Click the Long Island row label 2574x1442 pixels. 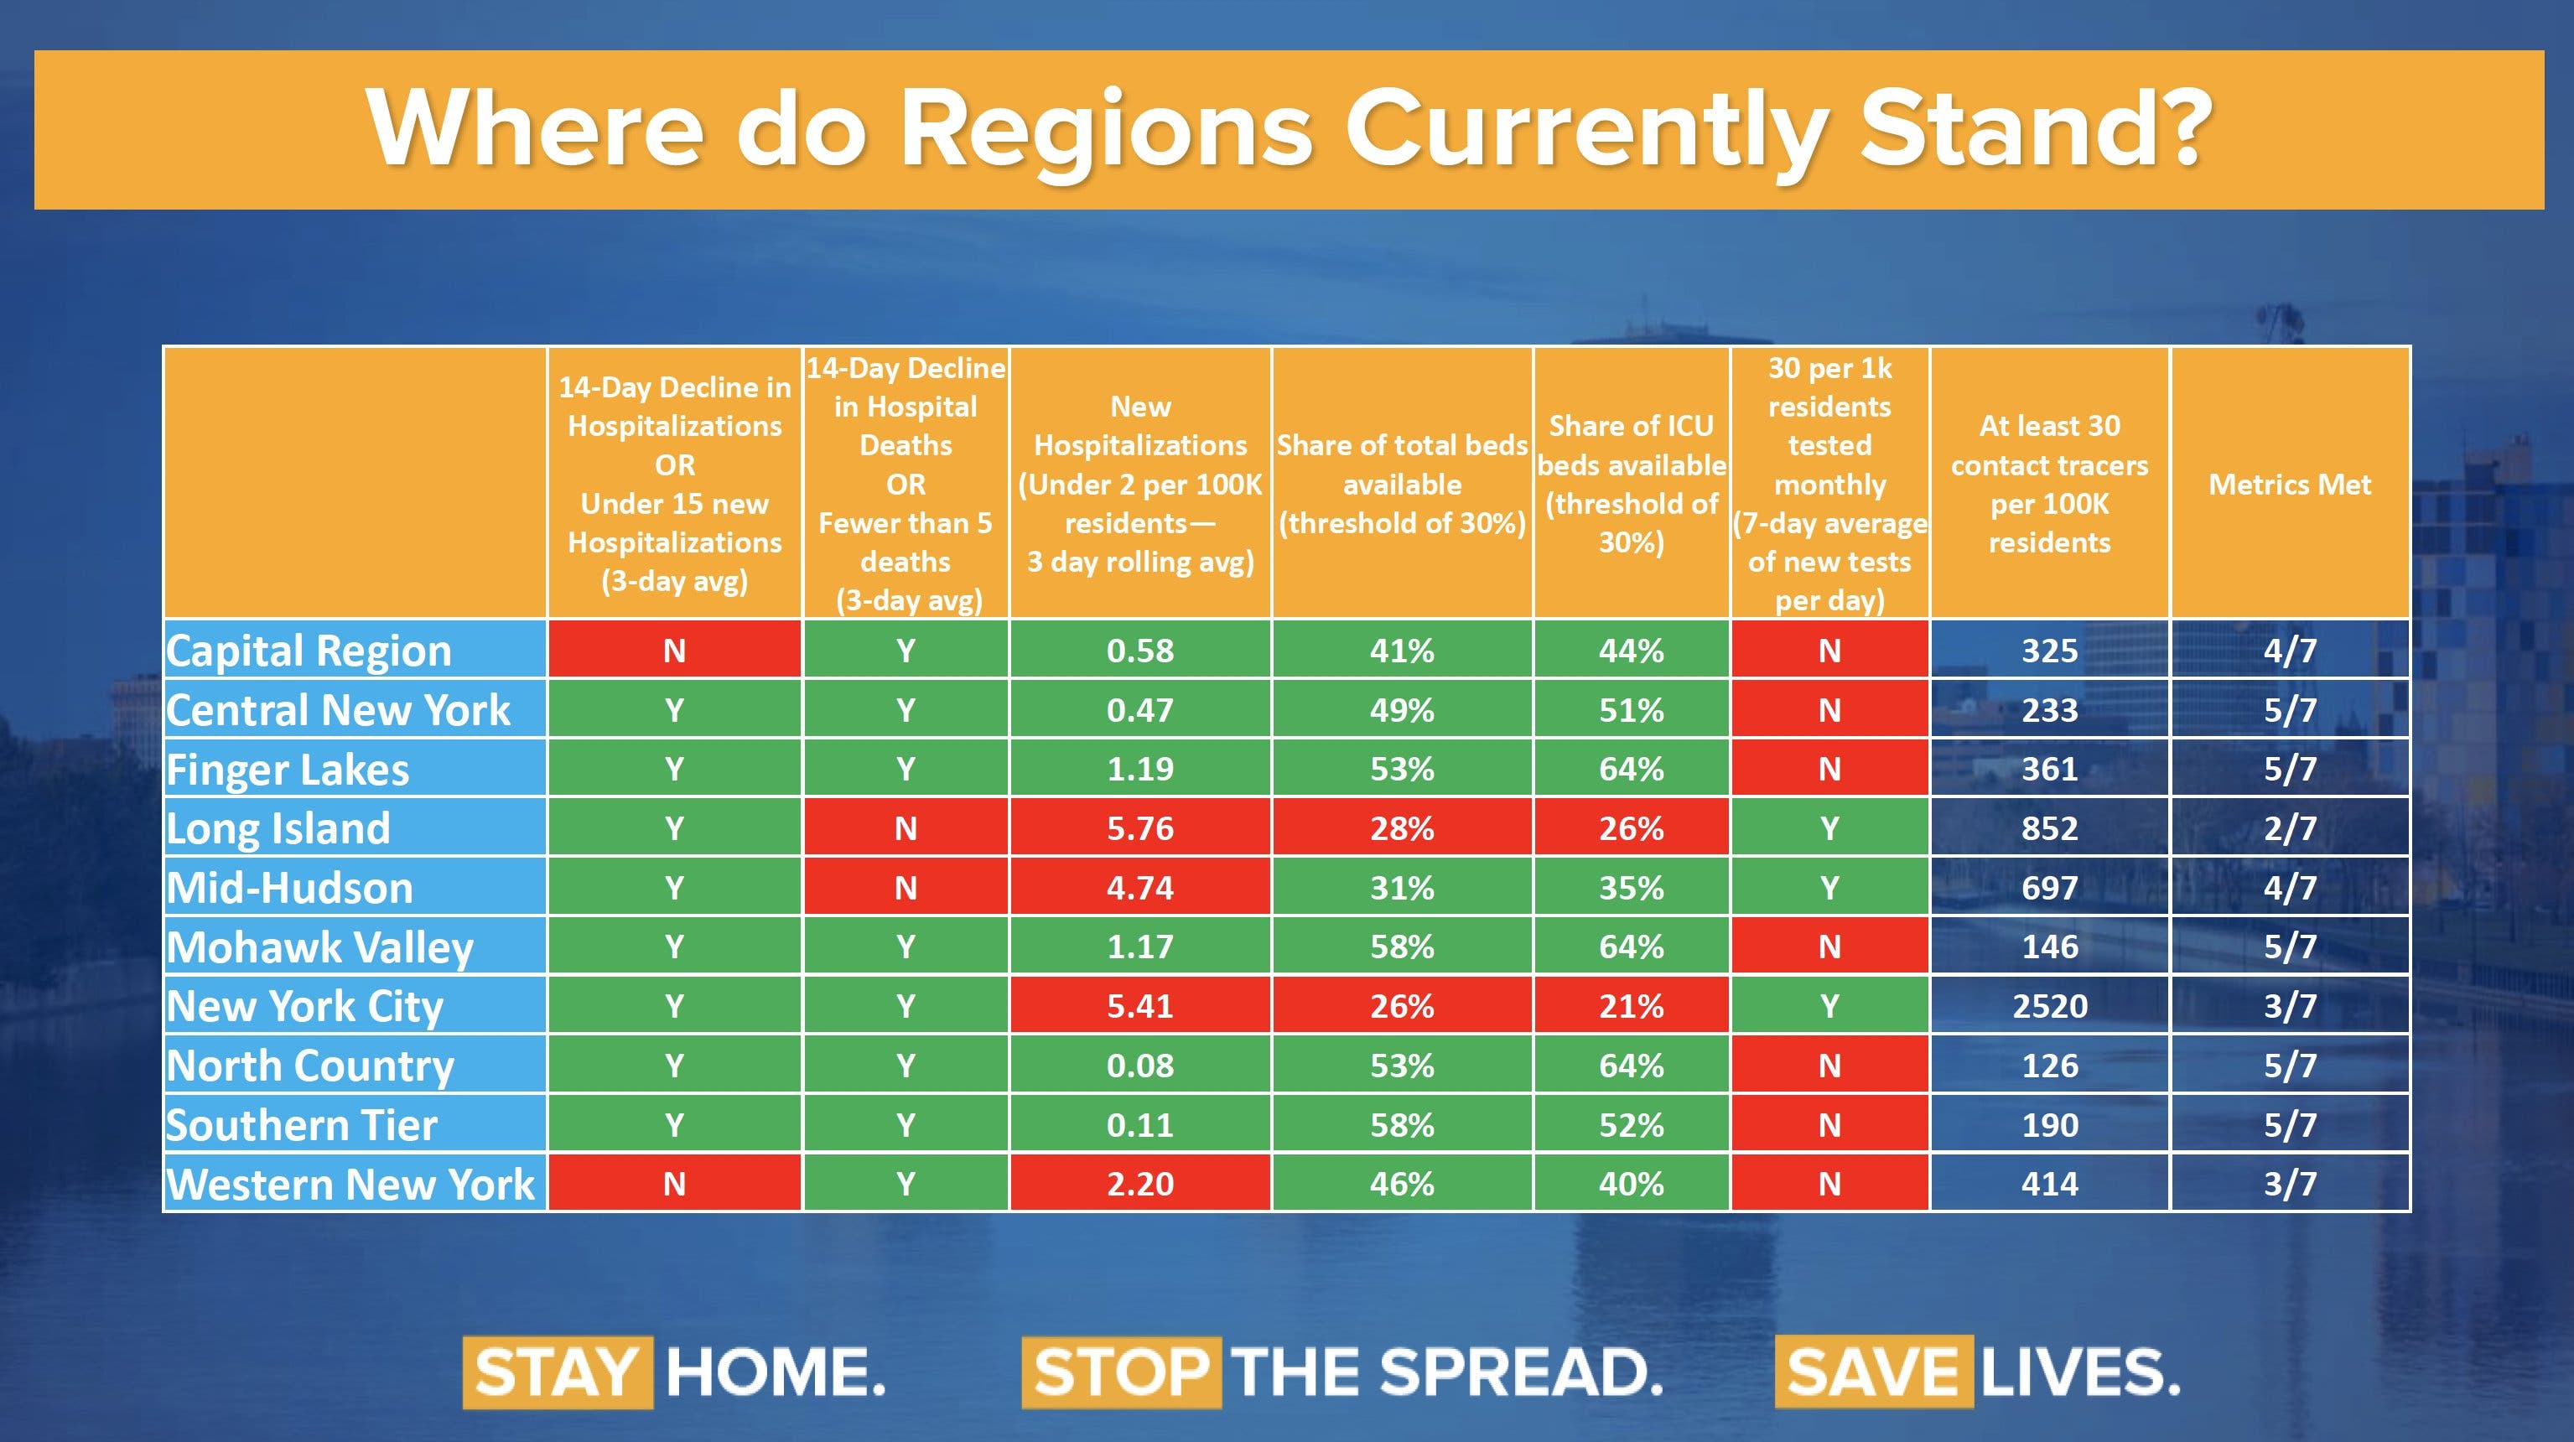[279, 827]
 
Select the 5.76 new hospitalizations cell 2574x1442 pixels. [1140, 827]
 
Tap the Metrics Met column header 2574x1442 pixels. [2289, 485]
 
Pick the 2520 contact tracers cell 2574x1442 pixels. [2049, 1005]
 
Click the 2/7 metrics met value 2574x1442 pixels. [2289, 827]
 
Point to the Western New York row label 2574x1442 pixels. [350, 1183]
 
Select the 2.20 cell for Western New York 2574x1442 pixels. [1140, 1183]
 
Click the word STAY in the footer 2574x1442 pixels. [557, 1372]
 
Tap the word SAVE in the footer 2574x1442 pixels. [1872, 1372]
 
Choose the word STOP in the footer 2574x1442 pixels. [1120, 1372]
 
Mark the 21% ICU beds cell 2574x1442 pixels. [1631, 1005]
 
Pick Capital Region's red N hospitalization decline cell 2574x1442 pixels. [674, 651]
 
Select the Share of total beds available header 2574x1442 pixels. [1402, 485]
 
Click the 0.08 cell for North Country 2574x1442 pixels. [1140, 1066]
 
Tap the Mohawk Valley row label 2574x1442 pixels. [319, 947]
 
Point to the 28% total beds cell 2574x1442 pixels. [1402, 827]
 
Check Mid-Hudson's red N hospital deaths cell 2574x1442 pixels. [906, 887]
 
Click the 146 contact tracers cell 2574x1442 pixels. [2049, 947]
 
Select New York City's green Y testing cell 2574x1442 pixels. [1829, 1005]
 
